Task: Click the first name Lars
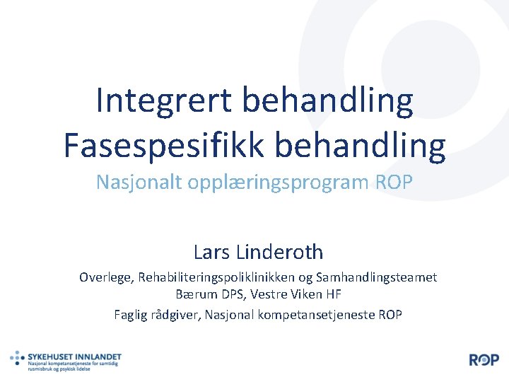pyautogui.click(x=210, y=251)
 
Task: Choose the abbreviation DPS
pyautogui.click(x=230, y=294)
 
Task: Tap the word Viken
pyautogui.click(x=310, y=294)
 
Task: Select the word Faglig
pyautogui.click(x=131, y=314)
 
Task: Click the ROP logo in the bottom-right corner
pyautogui.click(x=484, y=359)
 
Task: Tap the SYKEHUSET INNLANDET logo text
pyautogui.click(x=75, y=357)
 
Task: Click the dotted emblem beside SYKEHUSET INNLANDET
pyautogui.click(x=18, y=359)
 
